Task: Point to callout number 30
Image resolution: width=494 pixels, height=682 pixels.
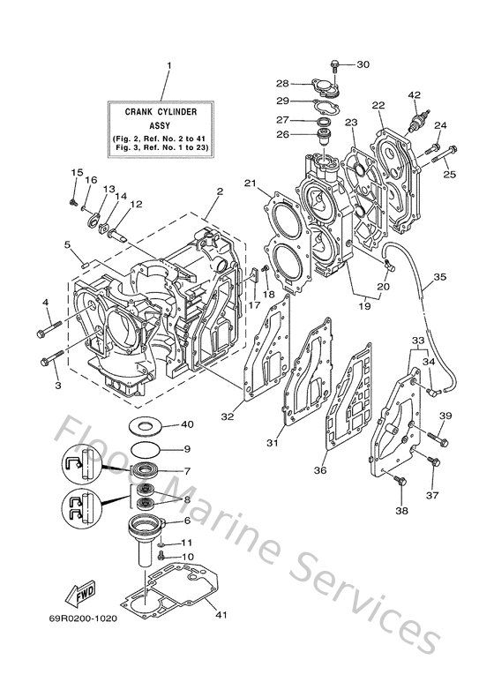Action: tap(363, 64)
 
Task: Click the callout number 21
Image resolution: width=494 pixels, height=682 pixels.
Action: tap(251, 183)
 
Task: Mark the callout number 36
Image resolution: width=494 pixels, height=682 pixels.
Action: tap(320, 470)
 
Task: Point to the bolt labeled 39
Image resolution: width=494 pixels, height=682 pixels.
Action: tap(432, 436)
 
